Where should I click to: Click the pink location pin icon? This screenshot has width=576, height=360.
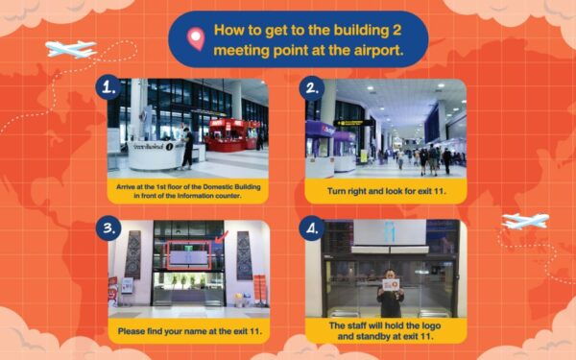197,38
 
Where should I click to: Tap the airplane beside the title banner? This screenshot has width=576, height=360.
70,48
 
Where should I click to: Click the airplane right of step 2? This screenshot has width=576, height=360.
525,222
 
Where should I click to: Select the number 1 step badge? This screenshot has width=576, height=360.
109,87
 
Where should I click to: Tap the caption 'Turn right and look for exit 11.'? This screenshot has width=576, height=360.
385,191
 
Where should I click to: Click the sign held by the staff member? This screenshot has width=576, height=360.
391,283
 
